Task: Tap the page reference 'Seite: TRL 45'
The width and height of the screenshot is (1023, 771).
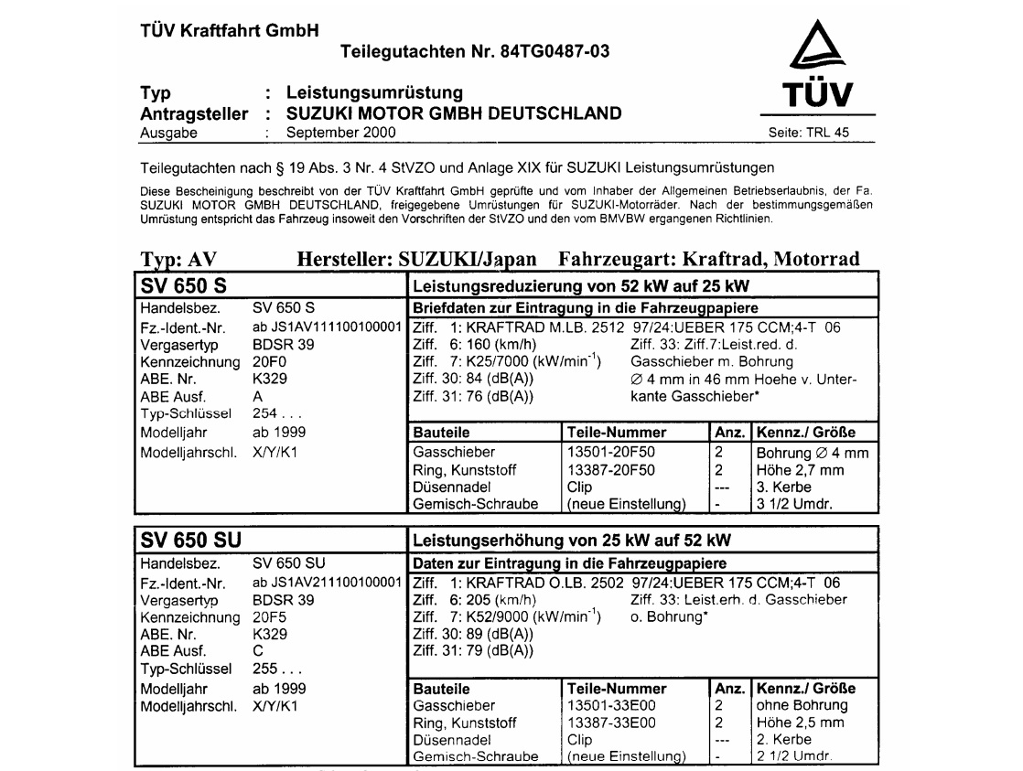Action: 810,133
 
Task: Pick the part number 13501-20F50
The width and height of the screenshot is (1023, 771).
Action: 611,453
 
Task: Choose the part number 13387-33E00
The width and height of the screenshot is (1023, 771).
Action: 611,722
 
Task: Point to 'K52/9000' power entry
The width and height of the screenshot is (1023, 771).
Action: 505,616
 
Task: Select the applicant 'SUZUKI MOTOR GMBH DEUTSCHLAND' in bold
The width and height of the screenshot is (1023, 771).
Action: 454,113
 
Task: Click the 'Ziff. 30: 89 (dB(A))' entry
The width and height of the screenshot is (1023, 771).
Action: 473,634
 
